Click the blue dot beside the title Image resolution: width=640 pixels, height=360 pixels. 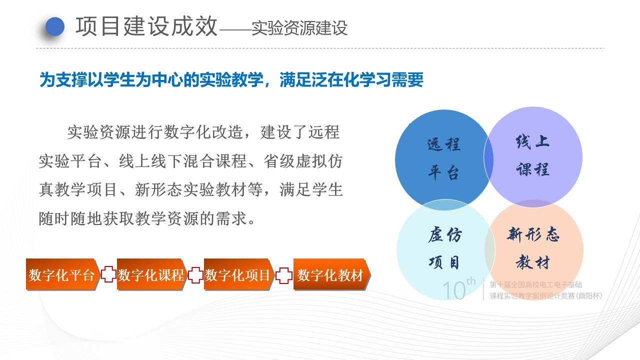55,26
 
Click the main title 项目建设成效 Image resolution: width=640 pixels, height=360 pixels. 146,26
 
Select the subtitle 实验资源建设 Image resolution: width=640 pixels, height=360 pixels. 299,28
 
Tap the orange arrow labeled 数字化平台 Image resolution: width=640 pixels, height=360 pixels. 63,274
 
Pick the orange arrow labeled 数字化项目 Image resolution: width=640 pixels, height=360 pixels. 239,274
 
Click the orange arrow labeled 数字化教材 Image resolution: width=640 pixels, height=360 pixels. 332,274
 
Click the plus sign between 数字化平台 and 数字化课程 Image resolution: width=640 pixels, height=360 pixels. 108,274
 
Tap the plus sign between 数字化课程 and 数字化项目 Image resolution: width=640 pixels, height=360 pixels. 195,275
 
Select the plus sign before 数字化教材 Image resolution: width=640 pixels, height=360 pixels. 283,275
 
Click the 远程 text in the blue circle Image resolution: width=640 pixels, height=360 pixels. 443,144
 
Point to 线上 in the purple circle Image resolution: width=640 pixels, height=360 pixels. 533,141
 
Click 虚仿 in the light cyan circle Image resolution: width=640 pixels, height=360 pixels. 444,234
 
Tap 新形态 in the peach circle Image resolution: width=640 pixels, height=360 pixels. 533,234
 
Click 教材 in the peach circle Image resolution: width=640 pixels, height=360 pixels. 533,261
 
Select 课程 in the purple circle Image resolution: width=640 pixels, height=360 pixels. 533,169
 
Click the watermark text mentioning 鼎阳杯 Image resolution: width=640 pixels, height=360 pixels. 546,295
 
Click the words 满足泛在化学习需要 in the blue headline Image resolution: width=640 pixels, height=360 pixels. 351,79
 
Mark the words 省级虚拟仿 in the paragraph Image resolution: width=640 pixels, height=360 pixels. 303,161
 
